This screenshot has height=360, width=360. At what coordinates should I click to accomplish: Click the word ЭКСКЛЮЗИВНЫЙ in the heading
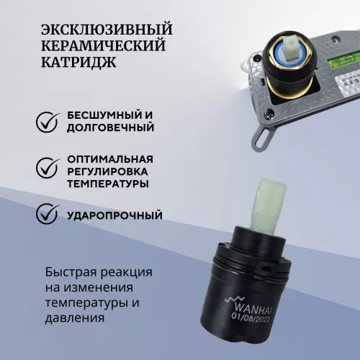tap(107, 30)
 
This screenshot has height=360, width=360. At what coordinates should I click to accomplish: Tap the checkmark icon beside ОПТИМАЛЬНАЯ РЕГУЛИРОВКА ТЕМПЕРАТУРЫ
tap(49, 171)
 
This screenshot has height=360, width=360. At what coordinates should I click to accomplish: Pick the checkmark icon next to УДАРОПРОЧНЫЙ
tap(49, 214)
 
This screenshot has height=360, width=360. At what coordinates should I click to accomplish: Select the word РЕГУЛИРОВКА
tap(110, 171)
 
